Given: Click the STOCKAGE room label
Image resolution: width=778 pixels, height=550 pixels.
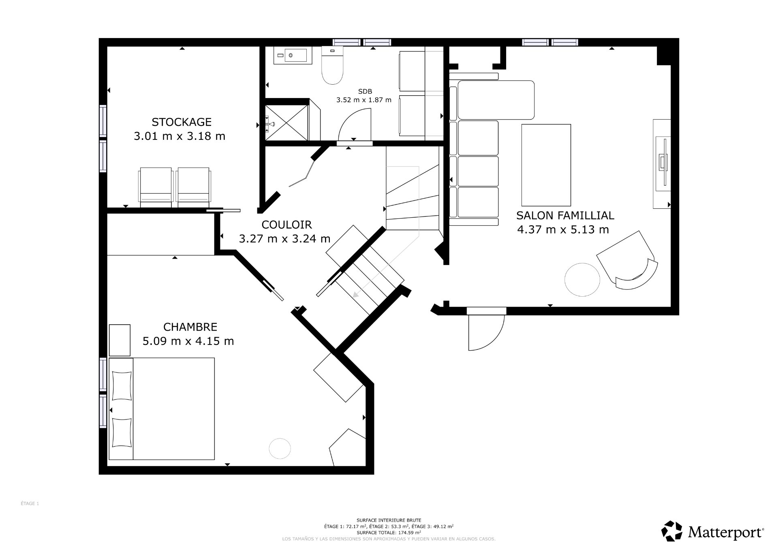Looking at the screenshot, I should point(182,122).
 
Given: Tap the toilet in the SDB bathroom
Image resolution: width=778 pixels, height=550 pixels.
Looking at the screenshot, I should point(332,66).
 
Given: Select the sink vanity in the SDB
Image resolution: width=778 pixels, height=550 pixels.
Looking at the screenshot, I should point(293,55).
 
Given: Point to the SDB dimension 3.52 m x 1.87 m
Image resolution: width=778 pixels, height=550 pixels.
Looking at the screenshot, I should point(364,100).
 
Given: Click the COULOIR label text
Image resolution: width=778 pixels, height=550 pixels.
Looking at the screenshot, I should point(286,225).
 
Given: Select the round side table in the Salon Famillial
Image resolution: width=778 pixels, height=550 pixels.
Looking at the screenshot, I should point(582,280).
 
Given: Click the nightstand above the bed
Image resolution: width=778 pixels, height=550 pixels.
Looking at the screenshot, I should point(120,340).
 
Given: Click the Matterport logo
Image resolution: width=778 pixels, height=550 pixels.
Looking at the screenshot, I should point(713,531).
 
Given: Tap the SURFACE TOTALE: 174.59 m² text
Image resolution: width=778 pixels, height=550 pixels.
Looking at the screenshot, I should point(389,533).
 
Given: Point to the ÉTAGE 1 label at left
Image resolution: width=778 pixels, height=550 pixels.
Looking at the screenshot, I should point(30,503).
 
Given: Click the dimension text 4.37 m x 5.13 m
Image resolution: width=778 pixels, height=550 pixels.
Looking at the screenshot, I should point(563,230).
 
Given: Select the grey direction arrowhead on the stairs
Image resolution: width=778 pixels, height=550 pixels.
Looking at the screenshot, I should point(356,295).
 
